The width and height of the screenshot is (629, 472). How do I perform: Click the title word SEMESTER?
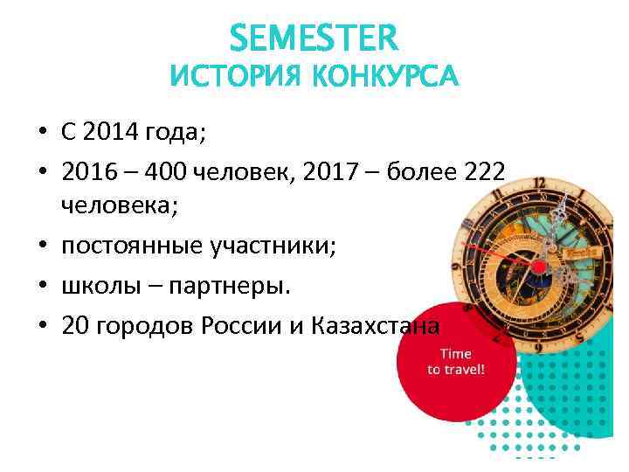pos(314,37)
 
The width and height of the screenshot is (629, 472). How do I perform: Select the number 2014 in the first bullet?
pos(112,133)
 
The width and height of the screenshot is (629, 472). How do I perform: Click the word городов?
pos(142,326)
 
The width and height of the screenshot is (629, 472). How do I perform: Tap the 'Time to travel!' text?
pos(454,361)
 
